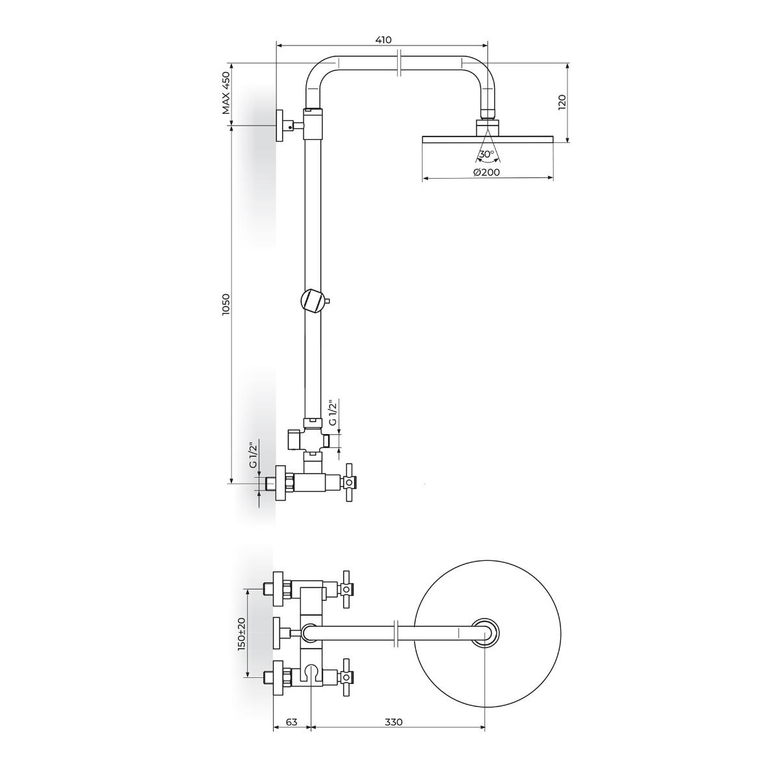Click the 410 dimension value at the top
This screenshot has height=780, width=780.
point(383,40)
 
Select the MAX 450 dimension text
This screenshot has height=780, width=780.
point(227,93)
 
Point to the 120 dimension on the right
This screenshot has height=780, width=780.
point(562,103)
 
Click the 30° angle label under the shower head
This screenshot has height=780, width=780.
point(486,154)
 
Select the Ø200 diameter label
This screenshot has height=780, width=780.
point(487,172)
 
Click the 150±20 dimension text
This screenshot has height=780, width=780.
point(241,639)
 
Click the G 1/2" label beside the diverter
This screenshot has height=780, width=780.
point(332,412)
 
